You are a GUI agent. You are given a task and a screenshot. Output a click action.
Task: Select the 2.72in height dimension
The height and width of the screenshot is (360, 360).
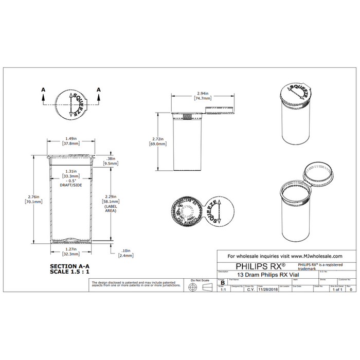pyautogui.click(x=159, y=142)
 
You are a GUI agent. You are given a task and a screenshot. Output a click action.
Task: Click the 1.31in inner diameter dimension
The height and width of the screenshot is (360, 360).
pyautogui.click(x=71, y=173)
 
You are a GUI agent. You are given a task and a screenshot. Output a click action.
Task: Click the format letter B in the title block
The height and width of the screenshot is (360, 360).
pyautogui.click(x=222, y=283)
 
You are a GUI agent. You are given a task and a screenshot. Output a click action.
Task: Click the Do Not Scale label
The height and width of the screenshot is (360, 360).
pyautogui.click(x=200, y=280)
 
